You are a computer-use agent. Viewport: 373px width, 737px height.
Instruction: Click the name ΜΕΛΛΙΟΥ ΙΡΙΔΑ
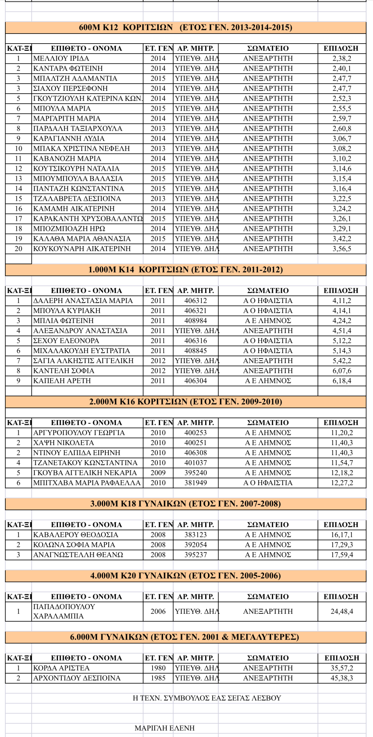coord(61,58)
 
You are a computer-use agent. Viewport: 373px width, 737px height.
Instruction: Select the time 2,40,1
coord(342,68)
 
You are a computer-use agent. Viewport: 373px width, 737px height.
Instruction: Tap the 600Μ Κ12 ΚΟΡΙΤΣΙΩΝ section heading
coord(186,27)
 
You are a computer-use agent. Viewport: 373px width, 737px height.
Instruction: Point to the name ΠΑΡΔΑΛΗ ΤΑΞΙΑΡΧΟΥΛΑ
coord(78,128)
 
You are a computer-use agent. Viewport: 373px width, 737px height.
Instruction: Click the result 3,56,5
coord(342,249)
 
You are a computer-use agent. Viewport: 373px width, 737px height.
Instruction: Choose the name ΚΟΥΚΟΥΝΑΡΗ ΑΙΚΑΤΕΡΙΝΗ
coord(82,249)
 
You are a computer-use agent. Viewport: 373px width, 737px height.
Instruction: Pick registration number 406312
coord(196,301)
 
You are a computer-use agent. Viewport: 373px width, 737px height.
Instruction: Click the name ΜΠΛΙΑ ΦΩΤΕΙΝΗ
coord(63,321)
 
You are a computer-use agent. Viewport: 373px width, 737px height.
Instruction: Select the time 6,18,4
coord(342,381)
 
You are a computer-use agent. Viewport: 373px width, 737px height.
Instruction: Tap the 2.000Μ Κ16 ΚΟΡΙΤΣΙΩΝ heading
coord(186,402)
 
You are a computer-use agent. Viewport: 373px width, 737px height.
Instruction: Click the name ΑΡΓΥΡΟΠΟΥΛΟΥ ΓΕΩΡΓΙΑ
coord(79,433)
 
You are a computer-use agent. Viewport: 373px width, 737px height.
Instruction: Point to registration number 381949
coord(196,483)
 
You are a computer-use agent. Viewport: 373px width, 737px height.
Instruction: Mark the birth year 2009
coord(158,473)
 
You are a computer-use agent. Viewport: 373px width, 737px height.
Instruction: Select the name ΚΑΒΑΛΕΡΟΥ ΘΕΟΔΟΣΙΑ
coord(76,535)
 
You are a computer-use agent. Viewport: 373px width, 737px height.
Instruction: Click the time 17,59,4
coord(342,555)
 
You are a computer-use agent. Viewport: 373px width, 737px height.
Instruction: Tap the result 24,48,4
coord(342,611)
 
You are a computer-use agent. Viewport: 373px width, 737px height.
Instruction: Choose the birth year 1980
coord(158,668)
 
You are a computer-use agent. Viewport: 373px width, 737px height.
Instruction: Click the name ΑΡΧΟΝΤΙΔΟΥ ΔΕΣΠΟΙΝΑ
coord(77,678)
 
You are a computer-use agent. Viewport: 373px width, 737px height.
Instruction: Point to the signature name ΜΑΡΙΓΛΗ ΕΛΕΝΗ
coord(164,728)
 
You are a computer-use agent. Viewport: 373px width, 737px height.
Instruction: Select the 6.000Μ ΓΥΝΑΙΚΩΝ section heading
coord(184,637)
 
